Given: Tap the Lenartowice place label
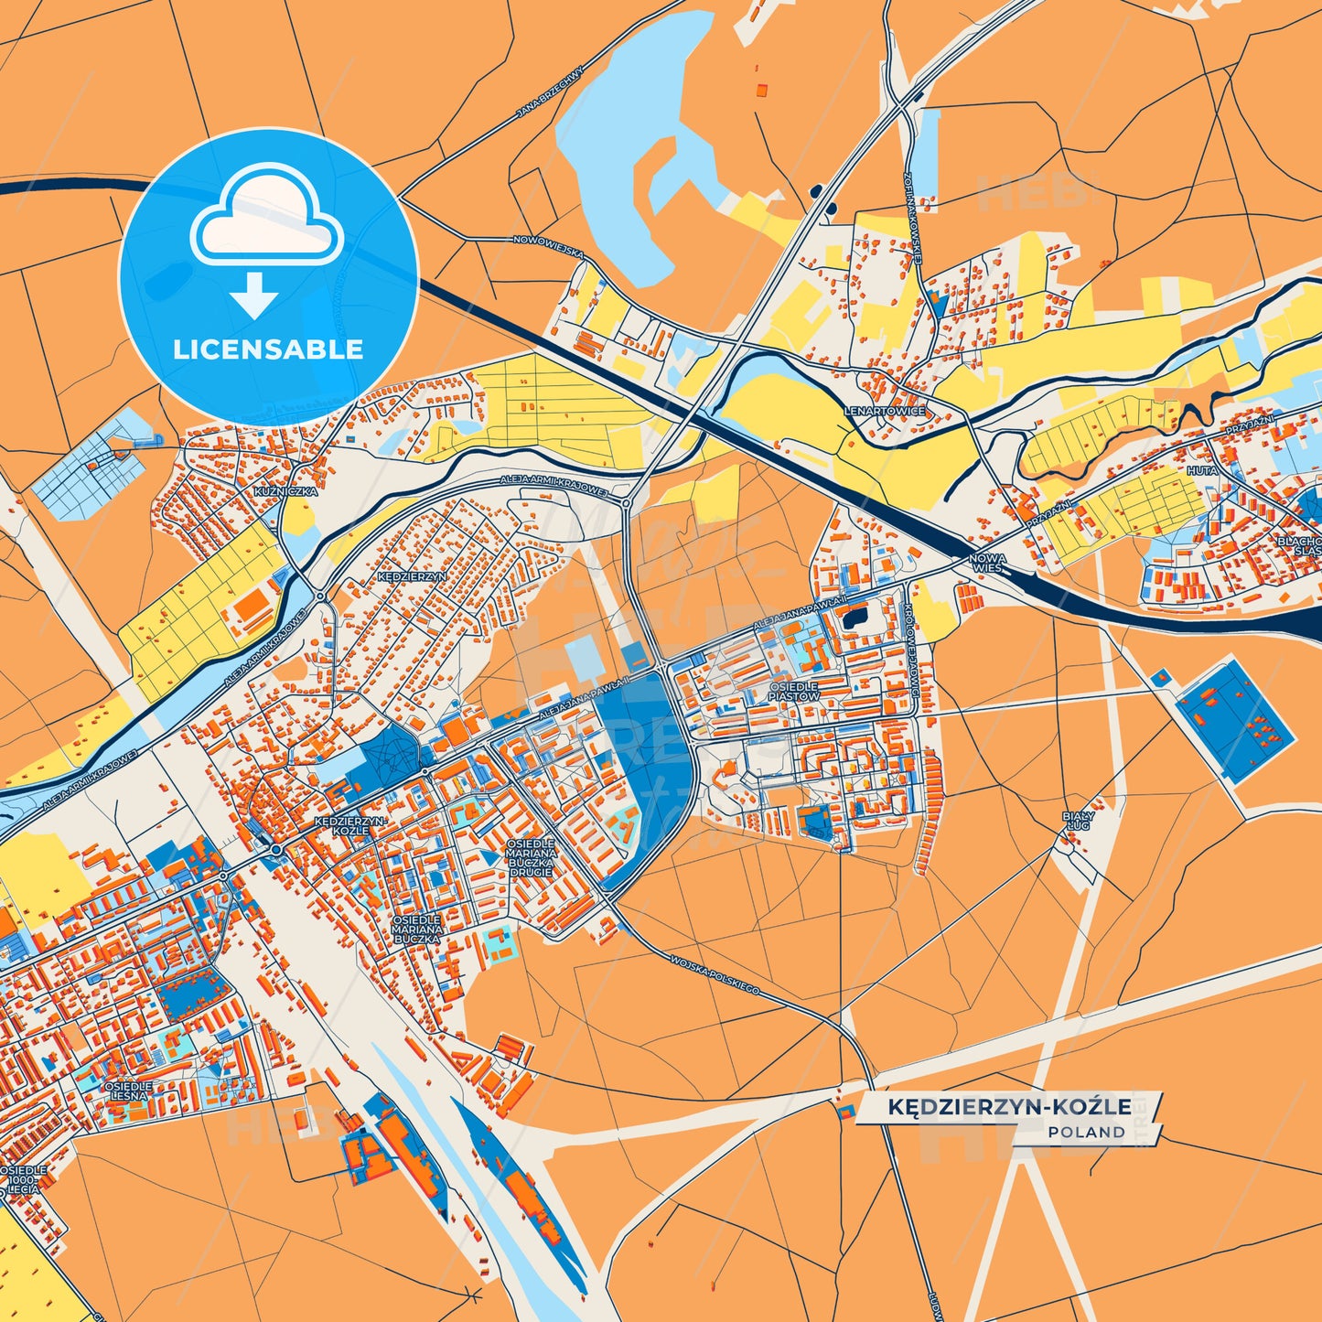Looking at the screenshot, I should coord(885,412).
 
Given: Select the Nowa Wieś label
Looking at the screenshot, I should coord(989,563).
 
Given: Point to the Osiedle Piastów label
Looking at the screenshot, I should coord(793,691).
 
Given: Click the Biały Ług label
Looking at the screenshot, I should coord(1078,820).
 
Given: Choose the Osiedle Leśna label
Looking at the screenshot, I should coord(128,1091).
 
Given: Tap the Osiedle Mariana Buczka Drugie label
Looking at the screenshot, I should coord(532,857).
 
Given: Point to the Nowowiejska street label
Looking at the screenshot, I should coord(548,246).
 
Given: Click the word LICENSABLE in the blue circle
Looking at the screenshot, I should coord(268,349).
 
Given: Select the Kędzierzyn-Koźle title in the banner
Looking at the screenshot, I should coord(1009,1107).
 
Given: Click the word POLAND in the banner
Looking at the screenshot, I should coord(1087,1132).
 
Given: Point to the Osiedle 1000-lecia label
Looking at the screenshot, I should coord(23,1179).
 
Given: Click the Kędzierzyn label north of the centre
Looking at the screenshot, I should coord(412,577).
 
